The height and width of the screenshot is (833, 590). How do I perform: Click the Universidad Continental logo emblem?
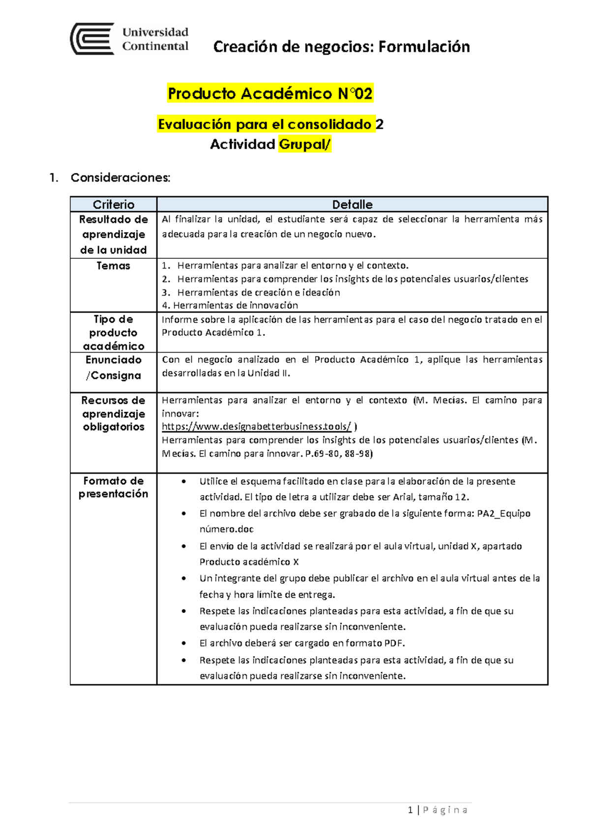92,39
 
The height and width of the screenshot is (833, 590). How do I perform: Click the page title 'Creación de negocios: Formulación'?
341,47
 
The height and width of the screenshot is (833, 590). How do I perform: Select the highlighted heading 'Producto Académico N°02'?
270,93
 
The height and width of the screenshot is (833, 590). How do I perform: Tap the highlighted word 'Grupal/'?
305,144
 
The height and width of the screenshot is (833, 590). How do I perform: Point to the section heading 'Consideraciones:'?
120,178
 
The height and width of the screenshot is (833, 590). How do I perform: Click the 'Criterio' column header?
114,204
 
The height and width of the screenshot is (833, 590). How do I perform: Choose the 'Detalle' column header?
352,204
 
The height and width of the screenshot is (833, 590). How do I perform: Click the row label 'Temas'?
113,266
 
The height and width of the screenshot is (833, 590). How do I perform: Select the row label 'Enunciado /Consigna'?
113,367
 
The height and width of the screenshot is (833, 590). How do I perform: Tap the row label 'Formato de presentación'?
113,487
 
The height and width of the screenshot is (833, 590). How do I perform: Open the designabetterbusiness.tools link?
256,426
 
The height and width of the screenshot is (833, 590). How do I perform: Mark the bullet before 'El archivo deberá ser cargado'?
184,643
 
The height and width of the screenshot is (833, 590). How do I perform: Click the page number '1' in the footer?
410,810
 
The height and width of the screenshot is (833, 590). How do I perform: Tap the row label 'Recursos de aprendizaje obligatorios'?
113,414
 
